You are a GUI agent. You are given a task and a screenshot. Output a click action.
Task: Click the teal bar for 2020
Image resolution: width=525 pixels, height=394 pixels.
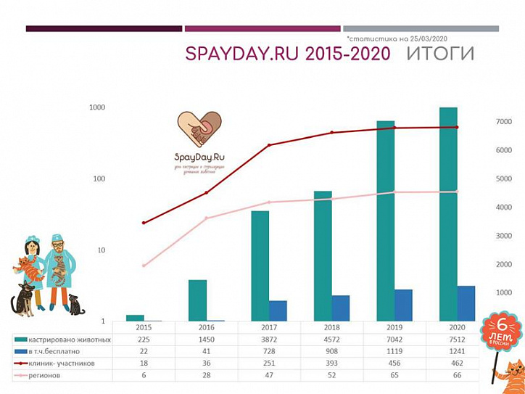click(447, 214)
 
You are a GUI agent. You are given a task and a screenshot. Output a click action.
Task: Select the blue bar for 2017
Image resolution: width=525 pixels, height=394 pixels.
click(278, 311)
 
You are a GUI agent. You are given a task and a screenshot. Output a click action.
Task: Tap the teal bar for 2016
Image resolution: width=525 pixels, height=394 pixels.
click(197, 300)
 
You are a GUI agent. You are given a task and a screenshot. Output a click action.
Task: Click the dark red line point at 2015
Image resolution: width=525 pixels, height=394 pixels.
click(144, 223)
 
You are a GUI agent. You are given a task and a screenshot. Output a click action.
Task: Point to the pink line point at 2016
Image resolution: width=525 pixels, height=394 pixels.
click(206, 218)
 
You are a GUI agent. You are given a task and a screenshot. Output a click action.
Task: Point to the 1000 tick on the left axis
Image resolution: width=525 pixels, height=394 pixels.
click(97, 107)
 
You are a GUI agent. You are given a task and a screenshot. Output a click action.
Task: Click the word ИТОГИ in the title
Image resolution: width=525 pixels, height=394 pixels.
click(441, 54)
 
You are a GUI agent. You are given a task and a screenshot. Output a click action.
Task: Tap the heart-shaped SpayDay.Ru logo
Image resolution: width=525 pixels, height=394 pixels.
click(200, 128)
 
